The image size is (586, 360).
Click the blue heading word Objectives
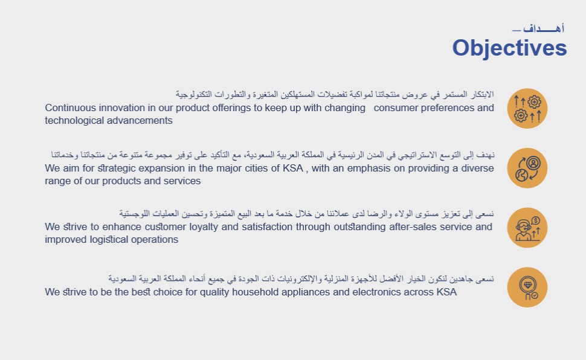pyautogui.click(x=509, y=48)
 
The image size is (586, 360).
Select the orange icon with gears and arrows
pyautogui.click(x=527, y=108)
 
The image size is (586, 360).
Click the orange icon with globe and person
pyautogui.click(x=527, y=168)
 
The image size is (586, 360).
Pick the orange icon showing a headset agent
pyautogui.click(x=527, y=228)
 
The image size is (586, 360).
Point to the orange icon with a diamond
pyautogui.click(x=527, y=287)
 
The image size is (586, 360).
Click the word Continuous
pyautogui.click(x=71, y=108)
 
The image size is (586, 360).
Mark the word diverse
pyautogui.click(x=477, y=169)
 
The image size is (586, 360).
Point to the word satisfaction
pyautogui.click(x=267, y=227)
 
